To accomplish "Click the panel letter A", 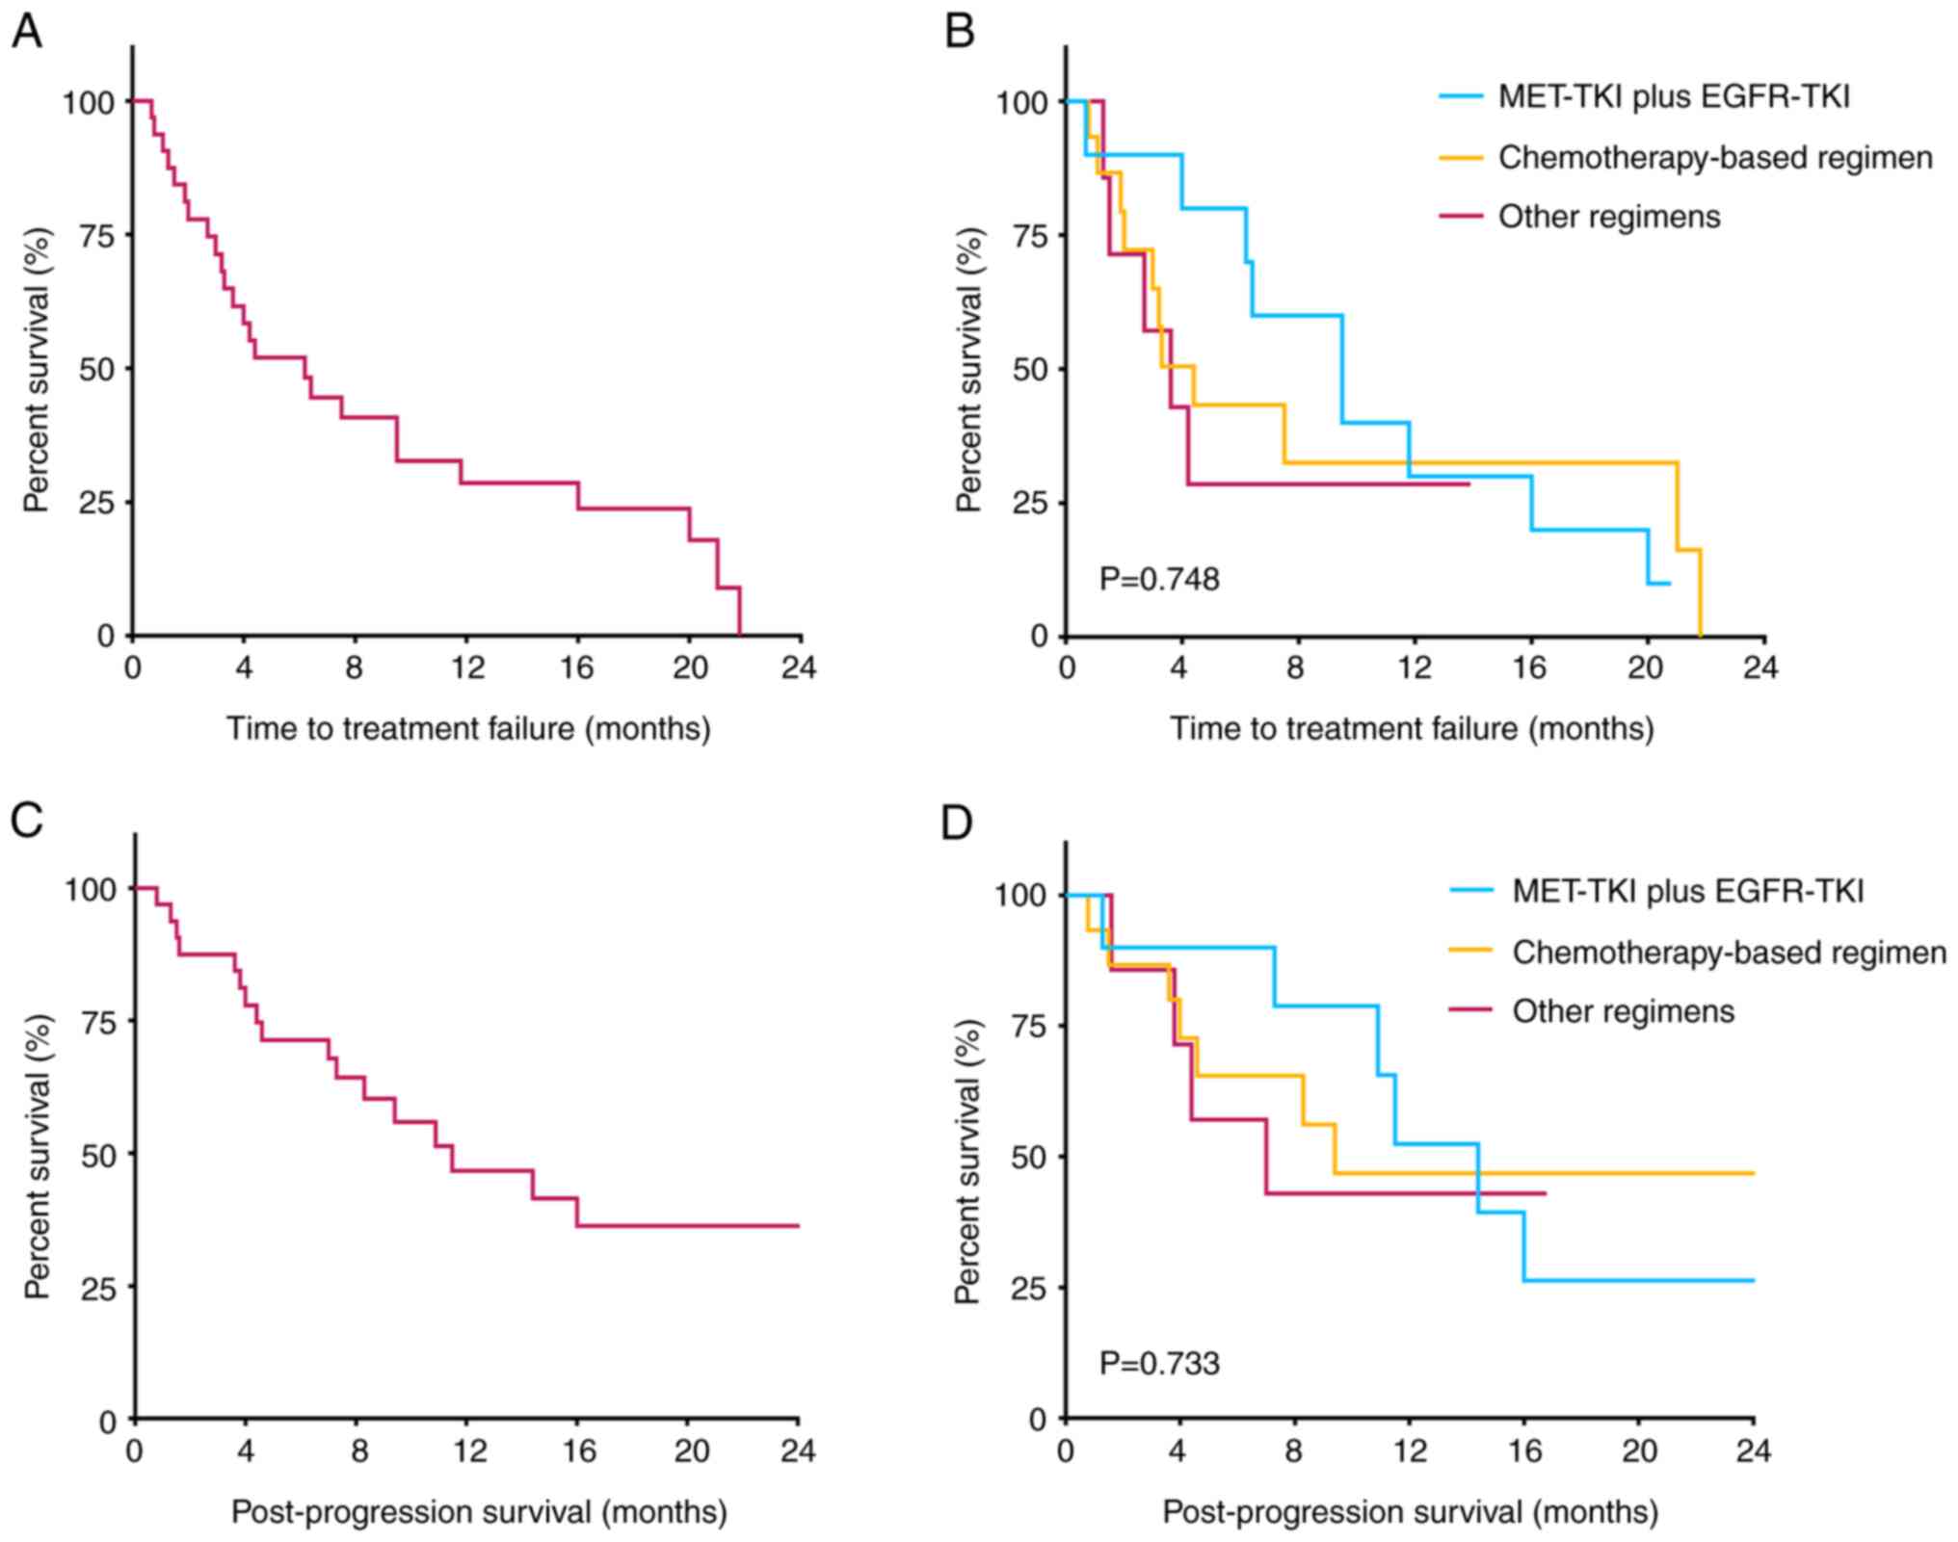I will coord(26,32).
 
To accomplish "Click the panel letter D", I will coord(956,824).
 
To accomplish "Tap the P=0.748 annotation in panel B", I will coord(1159,579).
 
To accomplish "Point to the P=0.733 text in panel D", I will coord(1159,1363).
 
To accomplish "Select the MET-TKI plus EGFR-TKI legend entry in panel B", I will coord(1673,97).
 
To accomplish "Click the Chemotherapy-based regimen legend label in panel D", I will coord(1729,953).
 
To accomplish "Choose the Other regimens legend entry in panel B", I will coord(1608,217).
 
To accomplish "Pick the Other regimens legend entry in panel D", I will coord(1623,1011).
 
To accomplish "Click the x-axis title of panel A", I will coord(468,728).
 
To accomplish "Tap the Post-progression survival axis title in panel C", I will coord(479,1512).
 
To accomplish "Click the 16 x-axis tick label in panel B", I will coord(1529,667).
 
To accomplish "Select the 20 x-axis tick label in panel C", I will coord(690,1451).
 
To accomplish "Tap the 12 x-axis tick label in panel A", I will coord(467,667).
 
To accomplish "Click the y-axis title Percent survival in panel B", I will coord(968,369).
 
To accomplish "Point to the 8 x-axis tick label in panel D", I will coord(1293,1451).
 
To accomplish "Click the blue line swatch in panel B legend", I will coord(1461,97).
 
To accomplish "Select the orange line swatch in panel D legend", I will coord(1470,952).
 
